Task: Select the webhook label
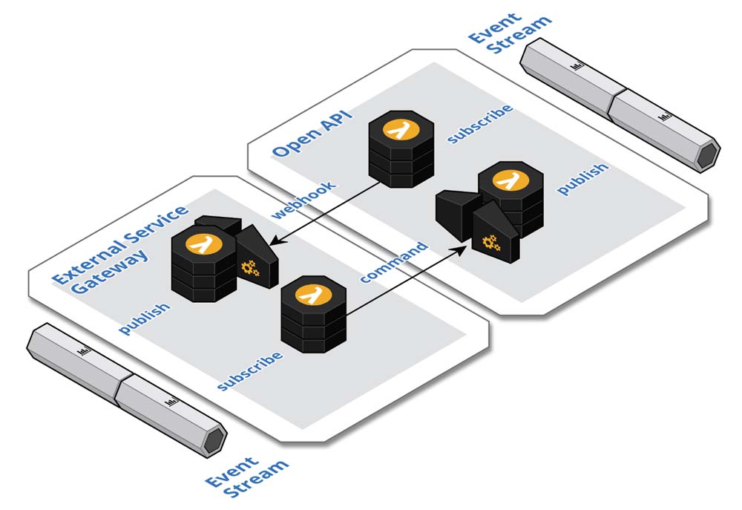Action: pyautogui.click(x=303, y=200)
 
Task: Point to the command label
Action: pyautogui.click(x=393, y=262)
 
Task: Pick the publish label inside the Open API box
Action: pyautogui.click(x=582, y=178)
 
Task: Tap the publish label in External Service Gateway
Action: pyautogui.click(x=145, y=318)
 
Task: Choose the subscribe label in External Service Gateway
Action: pyautogui.click(x=249, y=370)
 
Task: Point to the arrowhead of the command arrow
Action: pyautogui.click(x=465, y=248)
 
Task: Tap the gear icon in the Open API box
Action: pyautogui.click(x=490, y=241)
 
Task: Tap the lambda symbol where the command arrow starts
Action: pyautogui.click(x=312, y=295)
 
